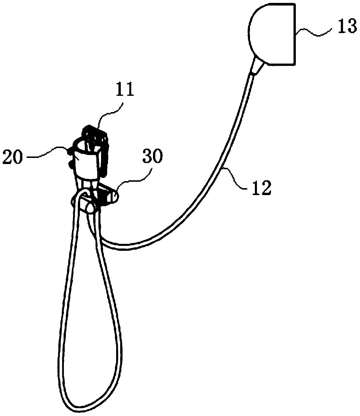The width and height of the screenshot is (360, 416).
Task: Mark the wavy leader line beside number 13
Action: (x=314, y=31)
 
